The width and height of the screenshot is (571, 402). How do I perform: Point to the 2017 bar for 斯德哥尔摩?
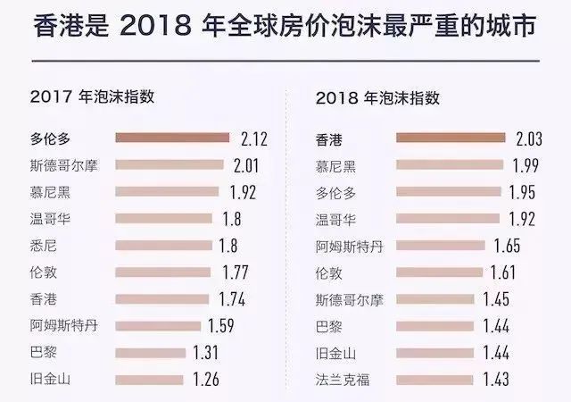pos(170,165)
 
